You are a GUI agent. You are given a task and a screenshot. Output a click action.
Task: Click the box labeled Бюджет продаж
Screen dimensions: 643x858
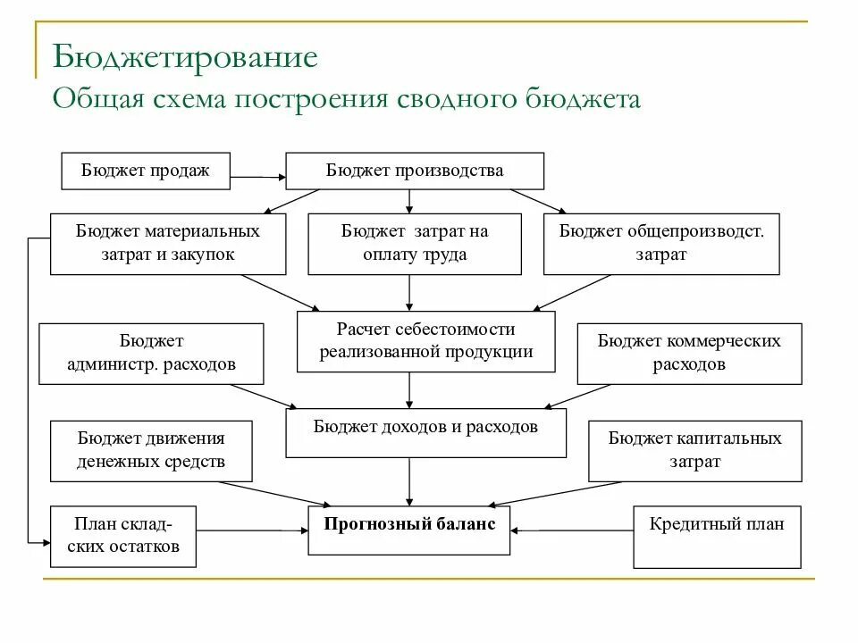click(145, 171)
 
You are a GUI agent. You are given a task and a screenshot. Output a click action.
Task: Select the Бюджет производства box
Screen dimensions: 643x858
click(414, 171)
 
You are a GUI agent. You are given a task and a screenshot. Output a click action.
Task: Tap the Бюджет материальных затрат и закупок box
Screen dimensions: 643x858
click(168, 243)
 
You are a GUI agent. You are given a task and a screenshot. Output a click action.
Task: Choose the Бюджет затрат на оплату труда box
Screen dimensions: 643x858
click(415, 243)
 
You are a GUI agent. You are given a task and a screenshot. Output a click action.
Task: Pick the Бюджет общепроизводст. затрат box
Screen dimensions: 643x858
click(661, 243)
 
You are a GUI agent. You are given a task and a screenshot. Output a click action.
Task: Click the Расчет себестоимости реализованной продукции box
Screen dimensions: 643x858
click(425, 340)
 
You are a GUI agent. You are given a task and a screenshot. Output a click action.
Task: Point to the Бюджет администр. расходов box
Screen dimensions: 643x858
click(152, 353)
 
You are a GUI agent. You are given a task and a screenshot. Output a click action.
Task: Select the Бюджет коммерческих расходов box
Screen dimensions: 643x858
click(689, 353)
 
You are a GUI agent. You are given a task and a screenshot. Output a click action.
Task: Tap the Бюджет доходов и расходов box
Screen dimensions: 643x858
click(425, 432)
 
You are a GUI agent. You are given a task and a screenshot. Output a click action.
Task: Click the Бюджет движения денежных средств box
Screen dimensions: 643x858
click(150, 450)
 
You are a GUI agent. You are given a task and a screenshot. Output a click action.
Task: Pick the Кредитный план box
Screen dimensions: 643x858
click(717, 536)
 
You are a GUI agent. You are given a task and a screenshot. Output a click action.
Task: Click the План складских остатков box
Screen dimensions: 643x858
click(123, 536)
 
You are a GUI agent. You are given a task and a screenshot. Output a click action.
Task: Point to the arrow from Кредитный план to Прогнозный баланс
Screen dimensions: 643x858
click(572, 530)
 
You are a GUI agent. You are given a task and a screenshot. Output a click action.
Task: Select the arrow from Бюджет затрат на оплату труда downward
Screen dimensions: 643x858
click(409, 292)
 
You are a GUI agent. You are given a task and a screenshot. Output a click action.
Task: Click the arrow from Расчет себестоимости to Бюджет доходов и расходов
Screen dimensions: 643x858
click(409, 389)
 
